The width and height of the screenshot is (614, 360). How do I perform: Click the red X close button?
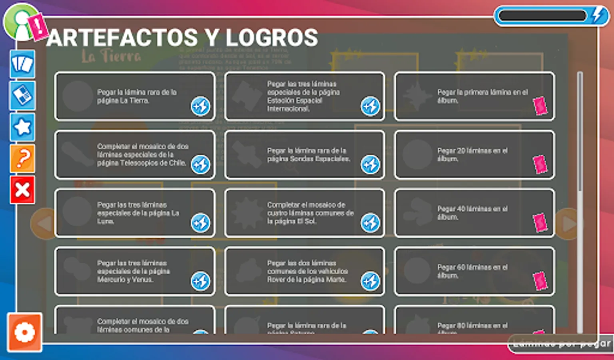(x=22, y=190)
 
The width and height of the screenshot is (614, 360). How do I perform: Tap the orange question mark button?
(x=22, y=158)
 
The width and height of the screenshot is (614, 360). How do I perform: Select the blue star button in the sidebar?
(x=22, y=127)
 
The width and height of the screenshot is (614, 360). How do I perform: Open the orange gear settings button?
(x=24, y=332)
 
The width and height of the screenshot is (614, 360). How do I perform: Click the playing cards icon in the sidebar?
(x=22, y=64)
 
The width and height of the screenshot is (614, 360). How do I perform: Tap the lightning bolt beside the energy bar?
(x=598, y=16)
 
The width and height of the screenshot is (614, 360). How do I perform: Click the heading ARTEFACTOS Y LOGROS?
(x=182, y=38)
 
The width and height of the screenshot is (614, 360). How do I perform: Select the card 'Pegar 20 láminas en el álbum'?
(x=474, y=155)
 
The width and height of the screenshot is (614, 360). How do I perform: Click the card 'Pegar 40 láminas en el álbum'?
(x=474, y=213)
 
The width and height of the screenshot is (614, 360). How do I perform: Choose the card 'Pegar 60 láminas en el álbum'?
(x=474, y=272)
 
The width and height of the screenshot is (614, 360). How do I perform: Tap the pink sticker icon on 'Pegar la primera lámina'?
(x=540, y=106)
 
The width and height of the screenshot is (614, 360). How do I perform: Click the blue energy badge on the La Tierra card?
(x=200, y=106)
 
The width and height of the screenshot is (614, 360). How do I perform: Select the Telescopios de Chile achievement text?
(x=142, y=155)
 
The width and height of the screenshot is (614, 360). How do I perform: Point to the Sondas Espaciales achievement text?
(x=308, y=155)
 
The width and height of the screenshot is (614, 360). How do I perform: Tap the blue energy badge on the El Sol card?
(x=371, y=223)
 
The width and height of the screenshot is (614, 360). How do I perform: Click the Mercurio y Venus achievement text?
(x=133, y=272)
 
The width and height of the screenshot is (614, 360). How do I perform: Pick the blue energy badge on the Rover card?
(x=371, y=281)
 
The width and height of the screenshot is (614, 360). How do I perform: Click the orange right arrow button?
(x=568, y=224)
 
